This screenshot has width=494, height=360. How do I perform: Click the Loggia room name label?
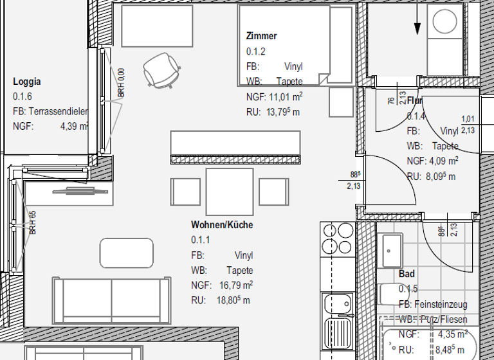coord(27,82)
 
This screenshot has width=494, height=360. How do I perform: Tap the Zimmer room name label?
coord(261,36)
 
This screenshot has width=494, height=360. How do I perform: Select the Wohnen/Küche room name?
coord(222,225)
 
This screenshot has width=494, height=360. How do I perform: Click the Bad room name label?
coord(407,274)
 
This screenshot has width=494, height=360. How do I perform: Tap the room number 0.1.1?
coord(201,240)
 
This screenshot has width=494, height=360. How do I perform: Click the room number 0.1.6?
coord(23,96)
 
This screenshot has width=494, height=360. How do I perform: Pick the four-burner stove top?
coord(337,238)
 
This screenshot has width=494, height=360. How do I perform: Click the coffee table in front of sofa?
coord(127,253)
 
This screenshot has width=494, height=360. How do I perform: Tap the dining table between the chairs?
coord(229,191)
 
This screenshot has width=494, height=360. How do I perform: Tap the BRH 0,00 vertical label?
coord(121,84)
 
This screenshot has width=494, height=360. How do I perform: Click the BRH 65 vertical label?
coord(32,222)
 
